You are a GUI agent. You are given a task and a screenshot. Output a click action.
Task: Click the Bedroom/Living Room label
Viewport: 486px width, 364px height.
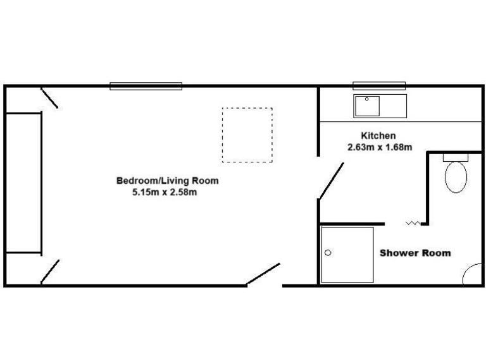coord(167,181)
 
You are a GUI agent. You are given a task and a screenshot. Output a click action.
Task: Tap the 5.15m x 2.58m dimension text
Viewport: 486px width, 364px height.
coord(165,192)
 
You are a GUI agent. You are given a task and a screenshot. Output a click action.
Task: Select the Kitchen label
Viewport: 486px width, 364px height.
coord(378,136)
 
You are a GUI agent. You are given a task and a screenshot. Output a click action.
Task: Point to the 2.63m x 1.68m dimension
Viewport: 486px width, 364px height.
coord(380,148)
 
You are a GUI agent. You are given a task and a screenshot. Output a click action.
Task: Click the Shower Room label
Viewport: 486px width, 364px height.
coord(415,253)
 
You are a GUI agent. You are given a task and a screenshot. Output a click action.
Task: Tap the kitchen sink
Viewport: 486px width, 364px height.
coord(366,106)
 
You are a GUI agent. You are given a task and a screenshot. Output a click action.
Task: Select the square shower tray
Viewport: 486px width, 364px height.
coord(347,254)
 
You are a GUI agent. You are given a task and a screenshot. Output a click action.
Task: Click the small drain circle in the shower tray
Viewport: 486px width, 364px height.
coord(328,253)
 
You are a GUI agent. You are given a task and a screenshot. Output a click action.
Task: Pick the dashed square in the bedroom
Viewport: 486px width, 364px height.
coord(247,135)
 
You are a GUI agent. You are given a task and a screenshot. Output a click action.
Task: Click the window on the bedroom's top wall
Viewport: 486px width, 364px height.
coord(146,86)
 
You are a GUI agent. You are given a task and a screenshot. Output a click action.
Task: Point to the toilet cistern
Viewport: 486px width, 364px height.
coord(455,157)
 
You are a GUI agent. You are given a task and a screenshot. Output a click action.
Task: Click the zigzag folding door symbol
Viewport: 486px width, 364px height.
coord(412,222)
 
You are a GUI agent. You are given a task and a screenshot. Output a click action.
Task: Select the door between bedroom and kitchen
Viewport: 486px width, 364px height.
coord(331,181)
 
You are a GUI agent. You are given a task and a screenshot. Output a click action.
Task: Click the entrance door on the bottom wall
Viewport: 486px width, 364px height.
coord(263,274)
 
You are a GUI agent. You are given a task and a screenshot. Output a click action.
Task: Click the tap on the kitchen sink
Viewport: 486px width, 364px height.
coord(366,99)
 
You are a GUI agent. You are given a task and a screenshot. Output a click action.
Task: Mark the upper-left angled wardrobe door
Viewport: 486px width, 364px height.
coord(49,98)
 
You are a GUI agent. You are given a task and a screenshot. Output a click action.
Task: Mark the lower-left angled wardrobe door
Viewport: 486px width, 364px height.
coord(50,272)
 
